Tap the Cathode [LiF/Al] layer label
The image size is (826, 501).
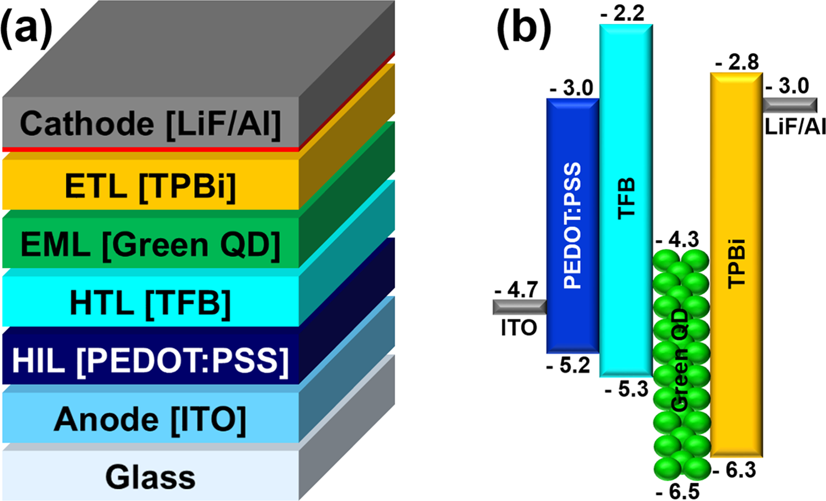coord(150,123)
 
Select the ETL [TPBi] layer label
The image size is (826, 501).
coord(150,187)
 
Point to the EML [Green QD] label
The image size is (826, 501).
coord(150,244)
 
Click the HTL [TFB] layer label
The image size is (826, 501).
coord(150,303)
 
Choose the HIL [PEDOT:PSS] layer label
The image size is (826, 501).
coord(150,361)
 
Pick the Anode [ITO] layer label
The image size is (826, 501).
coord(150,420)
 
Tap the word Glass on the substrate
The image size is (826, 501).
coord(150,477)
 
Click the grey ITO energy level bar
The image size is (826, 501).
coord(519,307)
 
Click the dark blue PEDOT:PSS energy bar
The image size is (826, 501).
coord(572,225)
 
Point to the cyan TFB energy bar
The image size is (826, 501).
coord(626,200)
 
